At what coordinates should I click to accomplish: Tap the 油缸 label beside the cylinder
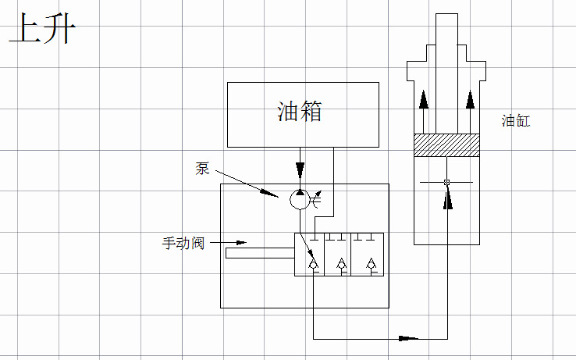516,121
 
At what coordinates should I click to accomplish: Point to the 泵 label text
202,169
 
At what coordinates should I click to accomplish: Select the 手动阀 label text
183,242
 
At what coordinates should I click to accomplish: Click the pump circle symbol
300,200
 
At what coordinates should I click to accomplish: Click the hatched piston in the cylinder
446,145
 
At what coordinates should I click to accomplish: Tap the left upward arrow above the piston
423,100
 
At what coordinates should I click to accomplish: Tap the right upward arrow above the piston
469,100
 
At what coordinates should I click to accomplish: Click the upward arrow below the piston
446,200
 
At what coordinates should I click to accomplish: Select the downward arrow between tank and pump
300,169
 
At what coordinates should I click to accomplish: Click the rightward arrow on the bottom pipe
407,339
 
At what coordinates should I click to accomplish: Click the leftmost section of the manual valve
313,255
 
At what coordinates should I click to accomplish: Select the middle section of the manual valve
341,255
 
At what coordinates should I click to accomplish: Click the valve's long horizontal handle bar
259,253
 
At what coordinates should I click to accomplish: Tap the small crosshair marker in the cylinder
446,183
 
